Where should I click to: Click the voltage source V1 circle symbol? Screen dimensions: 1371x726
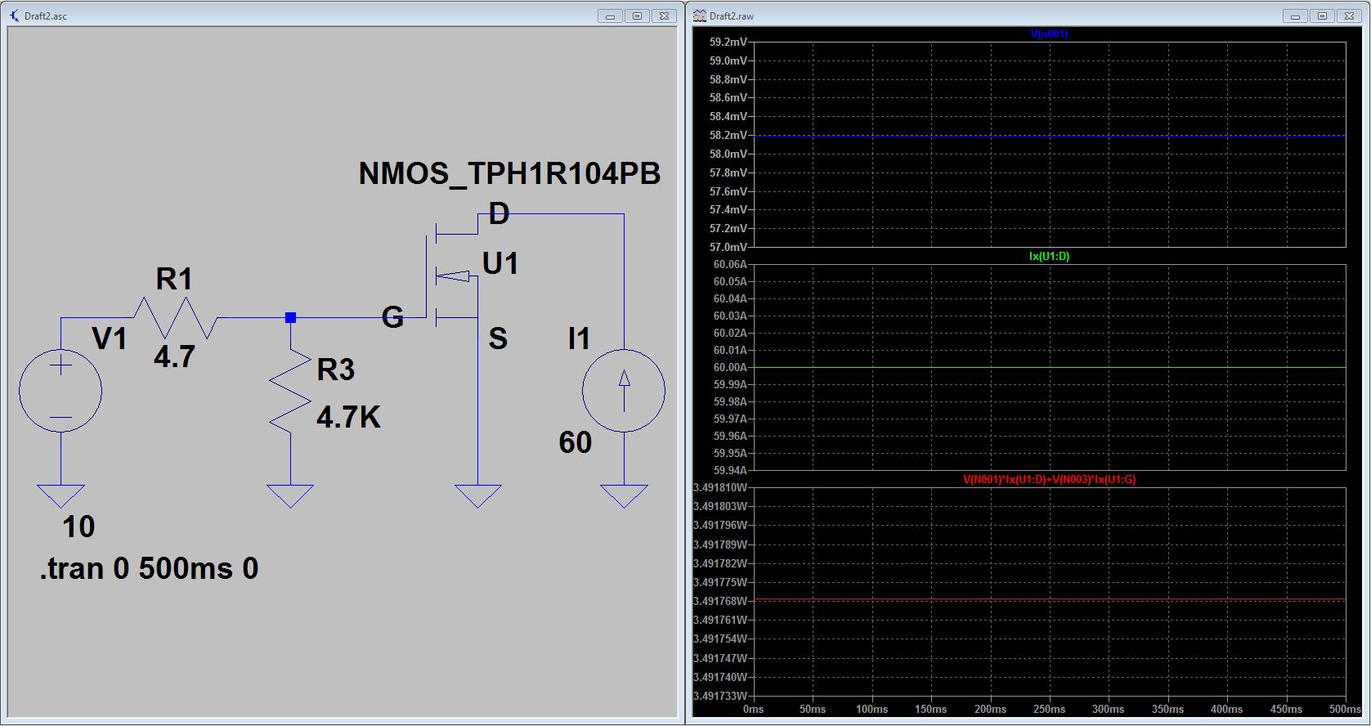point(60,391)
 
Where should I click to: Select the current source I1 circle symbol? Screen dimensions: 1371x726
point(624,391)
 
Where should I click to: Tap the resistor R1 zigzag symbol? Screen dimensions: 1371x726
point(175,318)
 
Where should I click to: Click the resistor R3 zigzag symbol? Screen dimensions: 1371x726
point(290,391)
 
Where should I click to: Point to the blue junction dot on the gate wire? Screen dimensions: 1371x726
point(291,318)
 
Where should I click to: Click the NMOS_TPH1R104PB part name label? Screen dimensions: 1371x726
point(509,174)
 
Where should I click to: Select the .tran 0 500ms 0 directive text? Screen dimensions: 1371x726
point(149,569)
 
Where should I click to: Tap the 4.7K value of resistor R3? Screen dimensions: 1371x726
point(348,418)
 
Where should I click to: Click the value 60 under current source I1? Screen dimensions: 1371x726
point(576,442)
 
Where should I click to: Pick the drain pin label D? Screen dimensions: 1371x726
point(499,213)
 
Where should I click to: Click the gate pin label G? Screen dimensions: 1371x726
point(392,317)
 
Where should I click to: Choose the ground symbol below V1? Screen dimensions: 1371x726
point(60,495)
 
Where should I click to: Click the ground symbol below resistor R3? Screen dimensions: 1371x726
point(290,495)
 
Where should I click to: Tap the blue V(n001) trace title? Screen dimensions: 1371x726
point(1049,34)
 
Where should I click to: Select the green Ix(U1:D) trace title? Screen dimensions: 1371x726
point(1049,256)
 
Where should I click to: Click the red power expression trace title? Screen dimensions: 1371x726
point(1049,479)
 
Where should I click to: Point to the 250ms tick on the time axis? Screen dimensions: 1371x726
point(1049,709)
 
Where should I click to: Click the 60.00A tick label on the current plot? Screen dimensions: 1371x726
point(730,367)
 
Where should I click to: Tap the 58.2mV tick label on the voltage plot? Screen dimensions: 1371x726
point(728,135)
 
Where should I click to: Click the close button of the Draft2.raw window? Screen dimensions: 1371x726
point(1349,16)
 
